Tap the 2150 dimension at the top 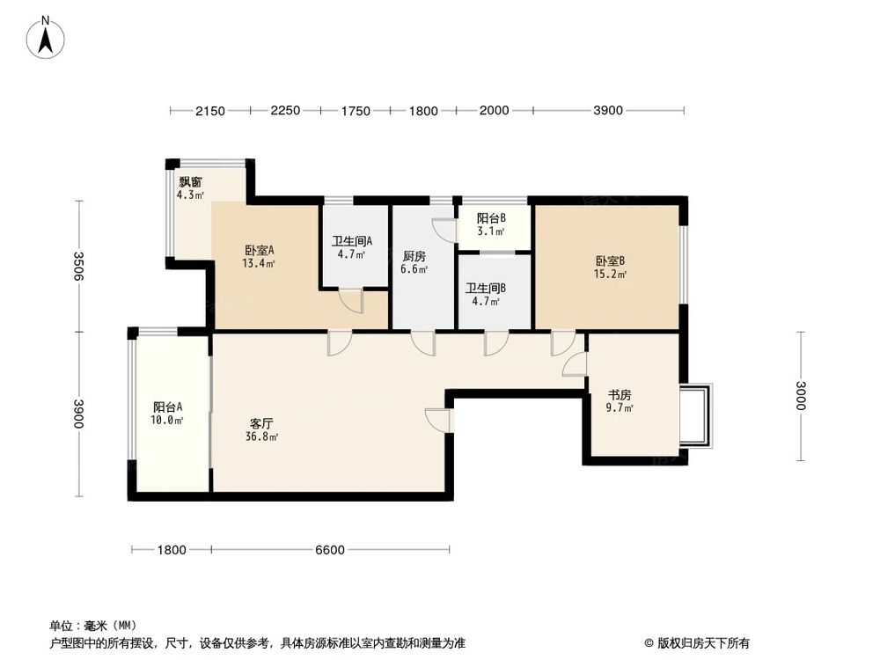[210, 111]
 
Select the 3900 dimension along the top [608, 111]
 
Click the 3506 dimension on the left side [78, 267]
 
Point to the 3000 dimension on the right [800, 396]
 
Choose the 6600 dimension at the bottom [330, 550]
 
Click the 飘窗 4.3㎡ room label [190, 188]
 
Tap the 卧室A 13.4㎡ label [260, 255]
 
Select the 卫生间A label [352, 247]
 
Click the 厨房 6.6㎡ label [414, 262]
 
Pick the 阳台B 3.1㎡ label [491, 224]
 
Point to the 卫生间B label [485, 294]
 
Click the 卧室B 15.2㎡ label [610, 267]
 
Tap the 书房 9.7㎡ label [620, 401]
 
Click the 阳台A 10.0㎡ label [168, 414]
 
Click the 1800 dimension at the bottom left [172, 550]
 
